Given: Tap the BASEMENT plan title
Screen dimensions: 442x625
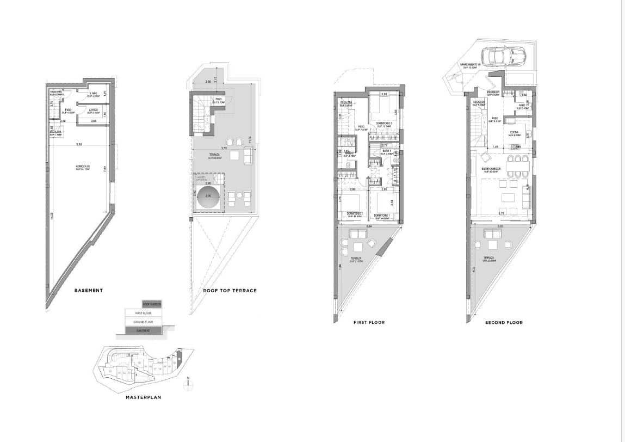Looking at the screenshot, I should (89, 290).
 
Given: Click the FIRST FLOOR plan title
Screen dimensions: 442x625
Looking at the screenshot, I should (369, 322).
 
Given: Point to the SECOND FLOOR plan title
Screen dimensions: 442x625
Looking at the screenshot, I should (504, 322).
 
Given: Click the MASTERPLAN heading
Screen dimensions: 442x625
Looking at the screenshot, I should (144, 397).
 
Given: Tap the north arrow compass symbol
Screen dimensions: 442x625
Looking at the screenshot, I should (187, 384).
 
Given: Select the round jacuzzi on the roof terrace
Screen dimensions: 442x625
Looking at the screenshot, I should (210, 198).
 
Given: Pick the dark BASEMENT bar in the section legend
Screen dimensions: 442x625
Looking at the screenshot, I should (144, 330).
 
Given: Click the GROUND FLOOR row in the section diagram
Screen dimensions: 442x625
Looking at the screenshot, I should (144, 322).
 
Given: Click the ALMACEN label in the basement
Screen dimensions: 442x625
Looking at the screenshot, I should (84, 167).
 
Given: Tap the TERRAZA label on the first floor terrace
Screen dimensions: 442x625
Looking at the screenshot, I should (356, 259).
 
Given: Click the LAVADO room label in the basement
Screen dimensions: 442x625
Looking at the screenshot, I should (94, 110).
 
